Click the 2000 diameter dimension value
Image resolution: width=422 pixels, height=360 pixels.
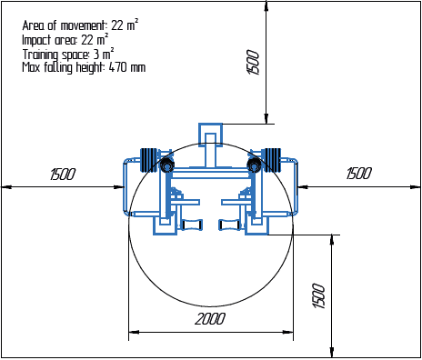[x=210, y=319]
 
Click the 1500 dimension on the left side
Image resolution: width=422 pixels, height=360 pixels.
[x=63, y=174]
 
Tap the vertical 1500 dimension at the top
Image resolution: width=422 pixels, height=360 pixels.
[x=254, y=62]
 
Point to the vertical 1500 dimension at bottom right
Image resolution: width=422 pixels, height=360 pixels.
[x=318, y=295]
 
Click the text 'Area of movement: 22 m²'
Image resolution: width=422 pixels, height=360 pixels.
[x=80, y=25]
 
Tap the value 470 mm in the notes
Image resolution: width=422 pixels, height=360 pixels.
[x=126, y=67]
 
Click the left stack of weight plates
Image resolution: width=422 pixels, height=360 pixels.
[x=148, y=160]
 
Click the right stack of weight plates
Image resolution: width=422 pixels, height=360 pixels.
[x=274, y=160]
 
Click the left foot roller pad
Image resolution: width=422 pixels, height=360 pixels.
[x=193, y=225]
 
